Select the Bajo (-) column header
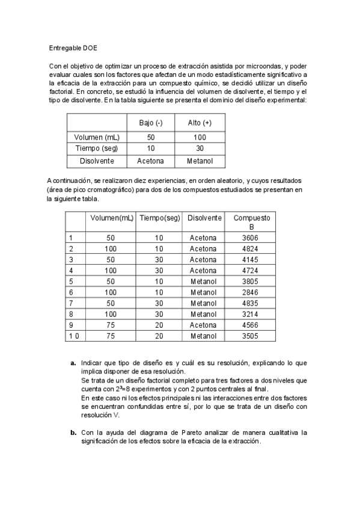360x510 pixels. pos(150,123)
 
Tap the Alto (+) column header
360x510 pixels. pos(200,123)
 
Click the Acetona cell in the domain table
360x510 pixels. pos(150,161)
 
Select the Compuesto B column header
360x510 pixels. pos(252,222)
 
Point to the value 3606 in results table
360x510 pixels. pos(252,238)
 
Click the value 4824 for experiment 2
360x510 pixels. pos(252,248)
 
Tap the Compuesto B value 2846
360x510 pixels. pos(252,292)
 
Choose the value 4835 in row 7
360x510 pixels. pos(252,303)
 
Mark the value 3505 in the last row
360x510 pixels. pos(252,336)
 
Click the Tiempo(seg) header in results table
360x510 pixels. pos(159,218)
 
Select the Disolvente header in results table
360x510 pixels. pos(204,218)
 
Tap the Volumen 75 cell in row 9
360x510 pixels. pos(111,325)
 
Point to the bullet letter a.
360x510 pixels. pos(73,363)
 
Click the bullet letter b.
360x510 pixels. pos(73,432)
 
